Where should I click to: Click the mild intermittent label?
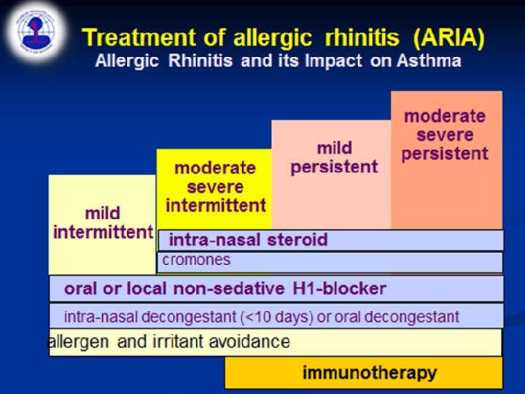click(102, 223)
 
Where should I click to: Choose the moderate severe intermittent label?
click(215, 187)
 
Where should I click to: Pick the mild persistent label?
click(334, 158)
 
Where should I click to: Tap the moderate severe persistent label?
click(444, 135)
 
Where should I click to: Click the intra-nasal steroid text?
click(248, 240)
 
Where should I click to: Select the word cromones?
click(196, 260)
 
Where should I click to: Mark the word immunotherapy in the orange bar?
click(369, 373)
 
